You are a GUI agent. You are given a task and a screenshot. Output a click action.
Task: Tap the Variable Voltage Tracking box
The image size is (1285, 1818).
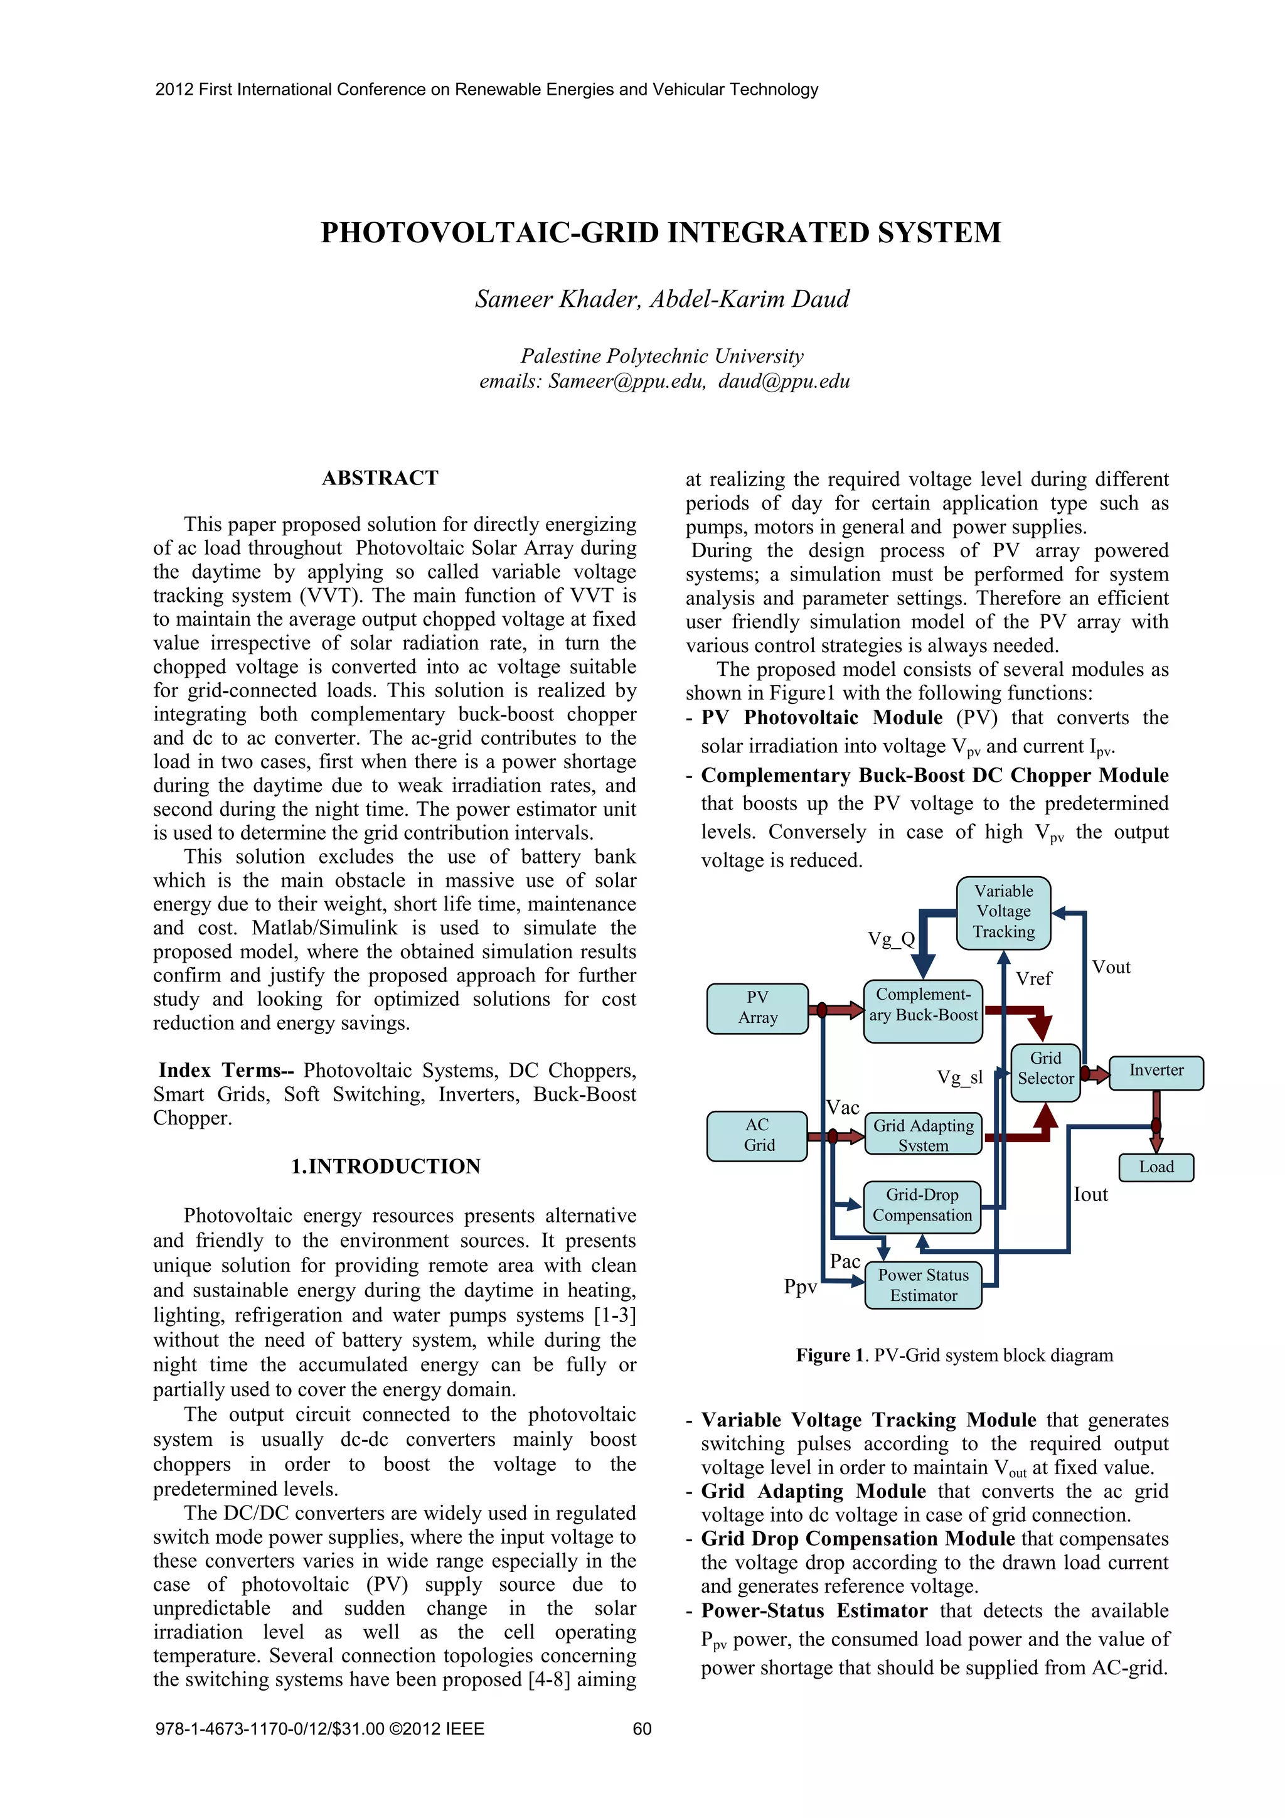(x=1003, y=912)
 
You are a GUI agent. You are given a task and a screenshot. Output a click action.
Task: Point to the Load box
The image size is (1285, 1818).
(x=1156, y=1167)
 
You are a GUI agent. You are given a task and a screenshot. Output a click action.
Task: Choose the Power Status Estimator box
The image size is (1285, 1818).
(x=923, y=1285)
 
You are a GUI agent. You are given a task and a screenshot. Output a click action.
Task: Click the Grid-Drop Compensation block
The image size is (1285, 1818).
(x=922, y=1205)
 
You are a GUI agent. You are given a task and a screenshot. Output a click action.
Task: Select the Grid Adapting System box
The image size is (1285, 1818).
(x=923, y=1135)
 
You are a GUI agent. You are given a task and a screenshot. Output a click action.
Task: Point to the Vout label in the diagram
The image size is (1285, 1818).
(x=1111, y=968)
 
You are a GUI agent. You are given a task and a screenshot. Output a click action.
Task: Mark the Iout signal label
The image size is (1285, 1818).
(x=1090, y=1195)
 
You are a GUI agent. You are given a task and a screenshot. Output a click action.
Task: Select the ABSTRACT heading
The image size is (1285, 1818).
(x=380, y=478)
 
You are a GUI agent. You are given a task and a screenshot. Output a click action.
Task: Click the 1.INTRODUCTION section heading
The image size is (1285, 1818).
(x=386, y=1167)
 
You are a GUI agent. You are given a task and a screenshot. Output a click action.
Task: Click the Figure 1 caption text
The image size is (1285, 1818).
(x=954, y=1355)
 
